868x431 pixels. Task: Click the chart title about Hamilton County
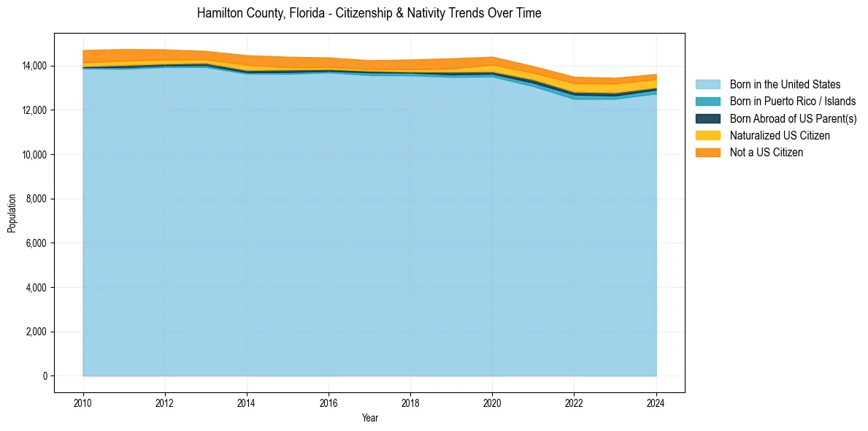(369, 13)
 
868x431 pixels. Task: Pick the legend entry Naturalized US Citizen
(780, 135)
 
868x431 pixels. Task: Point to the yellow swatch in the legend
(707, 135)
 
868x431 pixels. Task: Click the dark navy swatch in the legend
(707, 118)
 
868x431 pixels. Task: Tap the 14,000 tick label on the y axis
(34, 66)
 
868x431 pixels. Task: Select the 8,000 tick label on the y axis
(36, 199)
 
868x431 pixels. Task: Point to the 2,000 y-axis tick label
(36, 332)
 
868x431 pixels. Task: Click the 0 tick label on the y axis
(45, 376)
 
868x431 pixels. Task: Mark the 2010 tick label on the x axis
(83, 402)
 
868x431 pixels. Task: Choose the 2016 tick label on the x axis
(329, 402)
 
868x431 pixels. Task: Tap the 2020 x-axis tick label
(492, 402)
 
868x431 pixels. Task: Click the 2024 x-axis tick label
(656, 402)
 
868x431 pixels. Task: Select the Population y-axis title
(12, 213)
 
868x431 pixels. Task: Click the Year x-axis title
(369, 418)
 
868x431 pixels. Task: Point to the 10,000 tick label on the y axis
(34, 154)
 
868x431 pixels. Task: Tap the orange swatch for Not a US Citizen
(707, 152)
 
